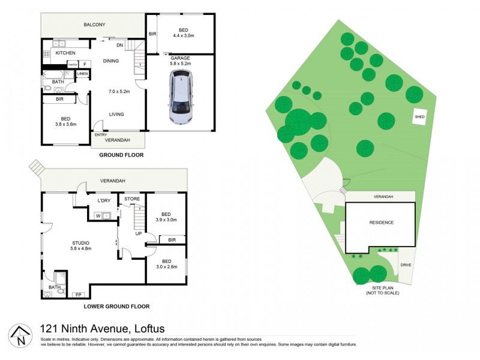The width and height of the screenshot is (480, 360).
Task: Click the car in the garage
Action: tap(181, 97)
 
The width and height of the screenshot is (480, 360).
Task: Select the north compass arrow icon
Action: tap(19, 335)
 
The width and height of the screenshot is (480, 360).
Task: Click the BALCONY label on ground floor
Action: tap(94, 25)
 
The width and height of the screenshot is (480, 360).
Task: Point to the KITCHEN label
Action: tap(65, 53)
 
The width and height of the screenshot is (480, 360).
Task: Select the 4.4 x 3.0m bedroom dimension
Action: tap(181, 36)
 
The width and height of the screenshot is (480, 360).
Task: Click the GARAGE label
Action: tap(180, 58)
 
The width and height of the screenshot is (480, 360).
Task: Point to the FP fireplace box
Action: tap(77, 295)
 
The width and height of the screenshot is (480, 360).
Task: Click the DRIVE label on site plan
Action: tap(406, 265)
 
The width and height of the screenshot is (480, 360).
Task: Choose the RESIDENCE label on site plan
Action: tap(381, 223)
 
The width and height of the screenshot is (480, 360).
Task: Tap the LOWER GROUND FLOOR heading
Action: tap(116, 306)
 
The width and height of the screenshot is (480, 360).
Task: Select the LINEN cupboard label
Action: tap(83, 74)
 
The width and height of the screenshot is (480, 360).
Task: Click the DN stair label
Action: tap(119, 45)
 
